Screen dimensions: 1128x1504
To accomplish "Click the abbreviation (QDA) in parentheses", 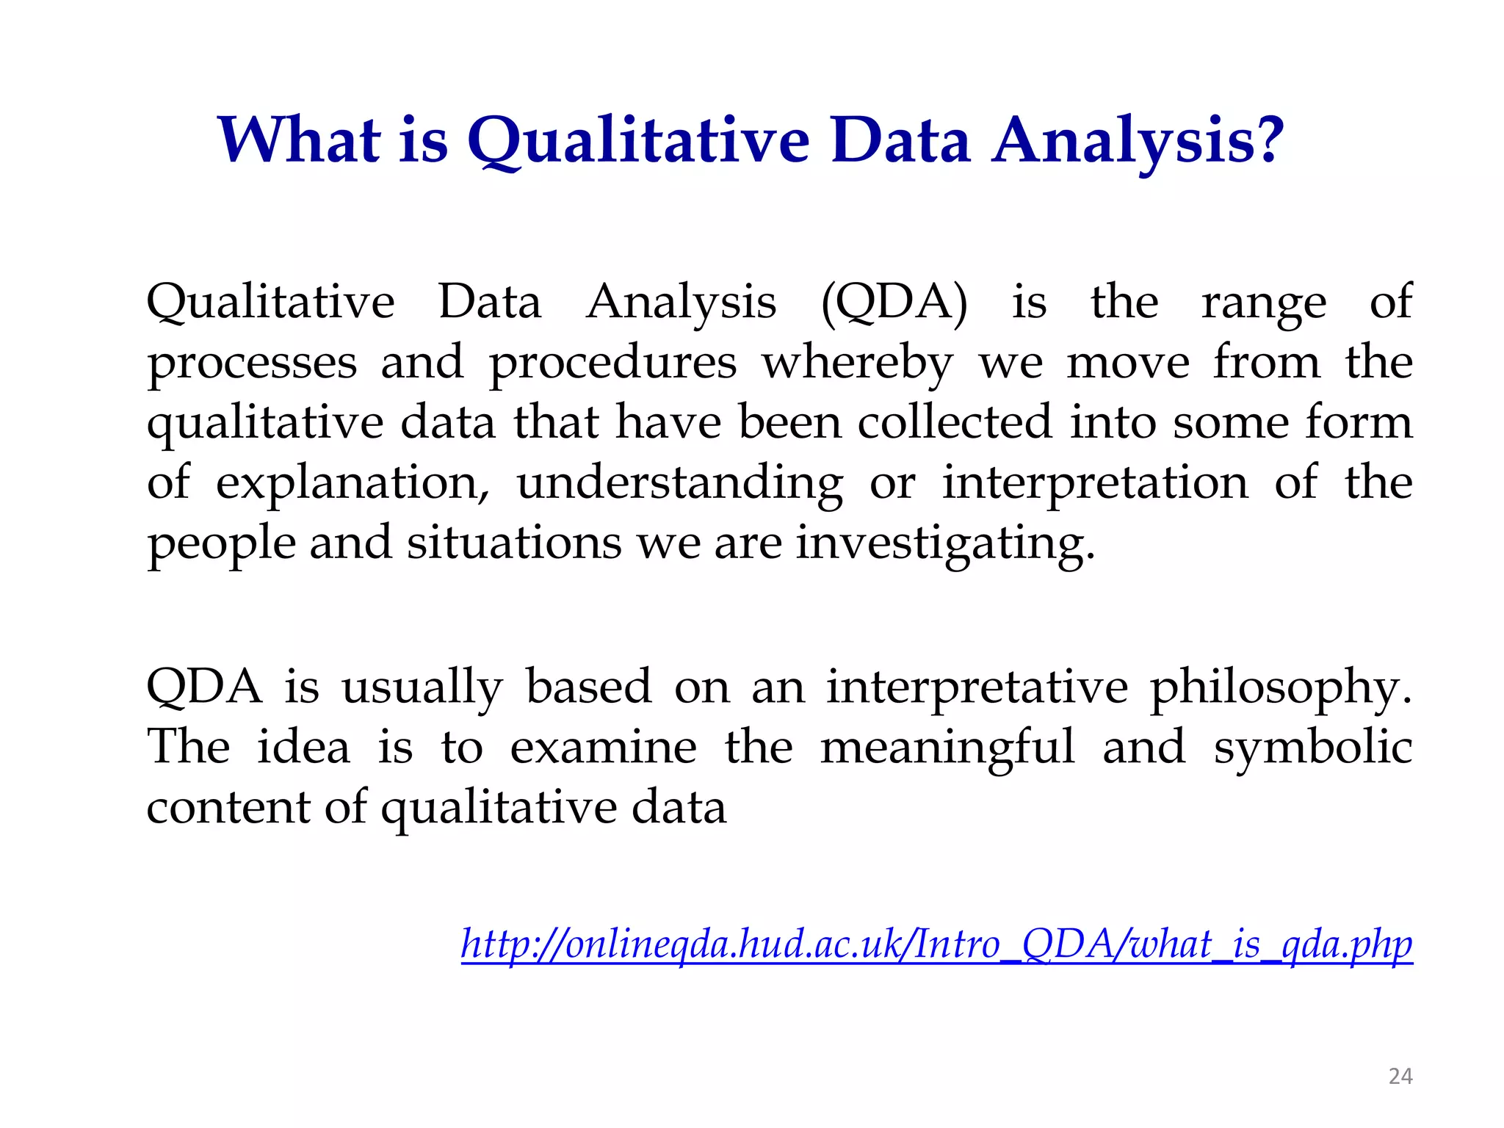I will [x=894, y=303].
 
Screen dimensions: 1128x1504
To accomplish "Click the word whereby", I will [x=858, y=363].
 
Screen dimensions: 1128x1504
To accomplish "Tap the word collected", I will [x=955, y=423].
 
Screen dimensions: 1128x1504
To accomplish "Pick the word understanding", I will [x=680, y=485].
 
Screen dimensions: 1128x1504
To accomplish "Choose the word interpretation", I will [x=1095, y=485].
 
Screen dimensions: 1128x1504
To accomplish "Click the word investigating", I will [x=945, y=545].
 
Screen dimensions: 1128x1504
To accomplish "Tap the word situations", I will [x=514, y=543].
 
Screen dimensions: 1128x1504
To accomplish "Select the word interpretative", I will [x=977, y=688].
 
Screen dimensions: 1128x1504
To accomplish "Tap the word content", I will [x=228, y=808].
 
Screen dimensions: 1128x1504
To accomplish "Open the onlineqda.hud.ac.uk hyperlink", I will [x=936, y=945].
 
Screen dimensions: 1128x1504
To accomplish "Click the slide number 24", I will [x=1400, y=1077].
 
